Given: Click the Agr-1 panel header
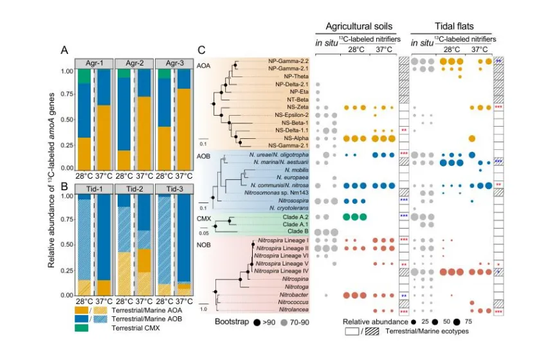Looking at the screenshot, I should [x=92, y=63].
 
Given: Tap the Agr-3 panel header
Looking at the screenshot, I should [x=174, y=63].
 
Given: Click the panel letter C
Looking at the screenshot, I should [x=202, y=50].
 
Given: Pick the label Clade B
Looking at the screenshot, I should [x=299, y=231].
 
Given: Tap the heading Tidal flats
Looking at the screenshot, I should [x=451, y=27].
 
